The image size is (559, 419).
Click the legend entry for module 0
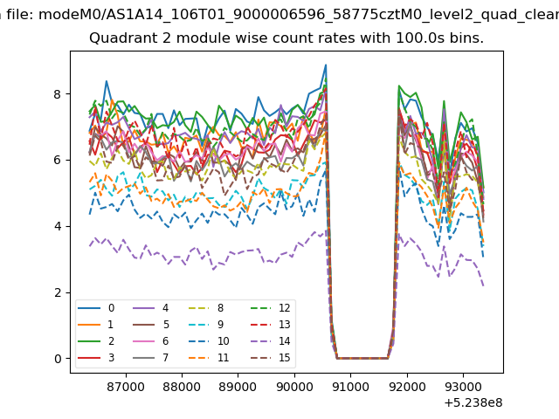(x=96, y=308)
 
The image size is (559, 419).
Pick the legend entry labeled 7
(x=150, y=357)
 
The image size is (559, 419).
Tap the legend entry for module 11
(x=209, y=357)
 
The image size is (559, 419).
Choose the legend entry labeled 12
(x=271, y=308)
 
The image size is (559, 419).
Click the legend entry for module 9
(x=206, y=324)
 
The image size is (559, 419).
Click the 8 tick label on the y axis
(x=58, y=94)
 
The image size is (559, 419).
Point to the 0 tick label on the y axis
(x=58, y=359)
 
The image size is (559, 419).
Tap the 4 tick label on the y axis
(x=58, y=226)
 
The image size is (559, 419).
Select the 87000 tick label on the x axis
(x=126, y=387)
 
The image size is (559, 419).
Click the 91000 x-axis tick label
(x=350, y=387)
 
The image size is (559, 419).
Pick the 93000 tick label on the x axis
(x=463, y=387)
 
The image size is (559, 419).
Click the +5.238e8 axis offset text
(x=473, y=402)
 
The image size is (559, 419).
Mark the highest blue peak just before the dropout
(x=326, y=65)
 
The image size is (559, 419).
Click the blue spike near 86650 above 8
(x=107, y=81)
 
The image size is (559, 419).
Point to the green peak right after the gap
(x=399, y=86)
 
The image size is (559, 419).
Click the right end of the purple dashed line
(x=483, y=285)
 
